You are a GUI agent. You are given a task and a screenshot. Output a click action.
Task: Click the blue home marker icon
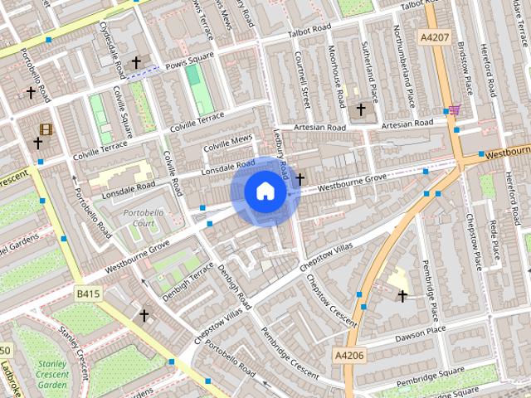point(265,191)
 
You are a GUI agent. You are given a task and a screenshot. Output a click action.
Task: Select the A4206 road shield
point(349,355)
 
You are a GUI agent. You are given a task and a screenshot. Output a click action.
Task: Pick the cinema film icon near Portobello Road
point(45,129)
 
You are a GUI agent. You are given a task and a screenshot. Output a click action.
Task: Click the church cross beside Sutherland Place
point(360,109)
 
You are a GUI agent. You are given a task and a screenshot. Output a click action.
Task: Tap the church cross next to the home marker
point(300,178)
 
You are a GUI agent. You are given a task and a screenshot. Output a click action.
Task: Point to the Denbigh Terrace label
point(188,282)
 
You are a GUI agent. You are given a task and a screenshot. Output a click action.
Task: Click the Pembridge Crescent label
point(289,352)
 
